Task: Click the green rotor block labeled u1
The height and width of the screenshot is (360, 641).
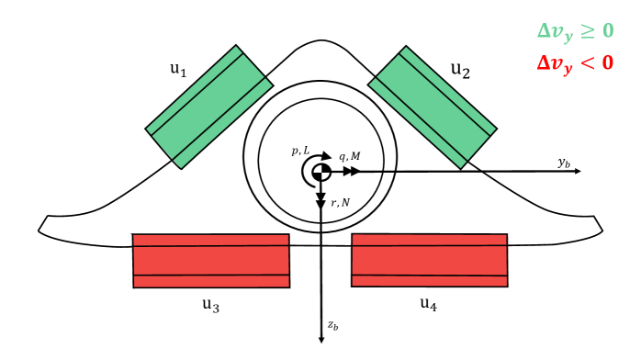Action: point(209,107)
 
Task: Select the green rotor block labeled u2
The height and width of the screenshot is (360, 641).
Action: point(432,107)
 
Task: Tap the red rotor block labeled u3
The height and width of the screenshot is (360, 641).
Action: point(211,261)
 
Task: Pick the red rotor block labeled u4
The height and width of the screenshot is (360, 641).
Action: point(430,261)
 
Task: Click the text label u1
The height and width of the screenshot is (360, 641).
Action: point(178,69)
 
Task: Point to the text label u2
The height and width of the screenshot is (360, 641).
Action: point(460,70)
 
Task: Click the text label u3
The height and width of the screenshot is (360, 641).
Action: point(210,305)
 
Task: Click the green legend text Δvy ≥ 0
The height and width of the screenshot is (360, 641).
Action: point(575,30)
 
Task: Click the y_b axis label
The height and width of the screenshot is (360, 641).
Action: point(565,162)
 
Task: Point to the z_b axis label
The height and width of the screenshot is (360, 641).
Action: point(333,325)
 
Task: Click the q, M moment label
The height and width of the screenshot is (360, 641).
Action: point(350,156)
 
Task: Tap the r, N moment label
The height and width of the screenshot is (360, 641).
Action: point(340,202)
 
